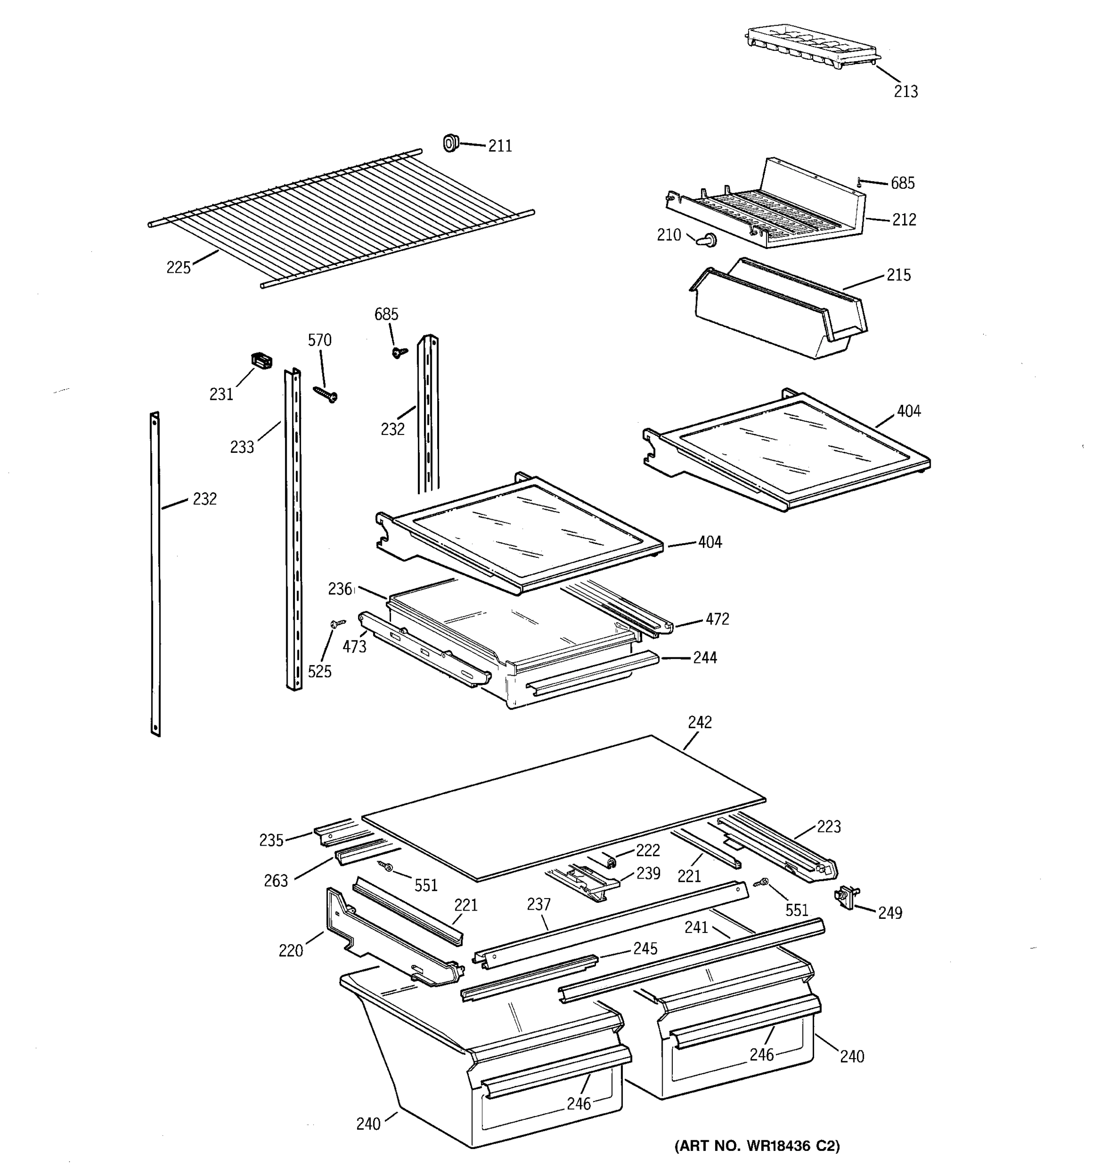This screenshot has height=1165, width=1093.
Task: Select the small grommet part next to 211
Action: click(450, 142)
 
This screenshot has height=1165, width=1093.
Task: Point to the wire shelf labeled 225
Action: click(340, 217)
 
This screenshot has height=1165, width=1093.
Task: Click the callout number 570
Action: click(320, 340)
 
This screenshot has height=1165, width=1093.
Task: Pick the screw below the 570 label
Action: click(326, 393)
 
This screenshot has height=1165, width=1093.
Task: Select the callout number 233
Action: click(241, 447)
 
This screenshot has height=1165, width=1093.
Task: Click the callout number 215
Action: click(898, 275)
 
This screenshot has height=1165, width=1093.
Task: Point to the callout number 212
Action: click(904, 220)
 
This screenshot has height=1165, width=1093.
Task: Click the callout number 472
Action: click(717, 619)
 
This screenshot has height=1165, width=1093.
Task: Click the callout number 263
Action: click(275, 881)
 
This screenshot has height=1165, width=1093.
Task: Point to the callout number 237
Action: click(538, 905)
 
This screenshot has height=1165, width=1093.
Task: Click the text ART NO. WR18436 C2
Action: click(757, 1145)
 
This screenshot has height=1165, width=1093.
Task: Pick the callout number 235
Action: click(271, 840)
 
